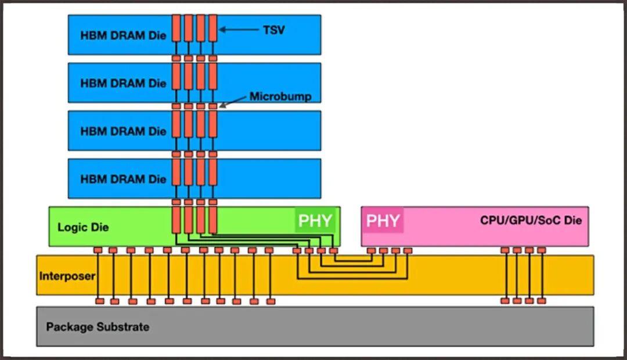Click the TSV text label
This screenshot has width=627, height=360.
click(274, 30)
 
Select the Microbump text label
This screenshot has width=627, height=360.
click(280, 96)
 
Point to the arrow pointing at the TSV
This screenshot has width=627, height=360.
click(238, 30)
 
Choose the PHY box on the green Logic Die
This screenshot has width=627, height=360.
click(315, 221)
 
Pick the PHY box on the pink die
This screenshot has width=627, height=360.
click(383, 221)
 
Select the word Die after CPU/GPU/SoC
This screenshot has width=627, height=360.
click(572, 221)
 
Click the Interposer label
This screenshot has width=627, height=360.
click(67, 276)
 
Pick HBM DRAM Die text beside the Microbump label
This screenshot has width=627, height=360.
click(123, 83)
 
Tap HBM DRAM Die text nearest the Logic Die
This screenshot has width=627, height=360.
click(123, 179)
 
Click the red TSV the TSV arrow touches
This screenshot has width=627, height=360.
click(212, 28)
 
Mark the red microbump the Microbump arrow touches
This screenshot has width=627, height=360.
click(213, 106)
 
